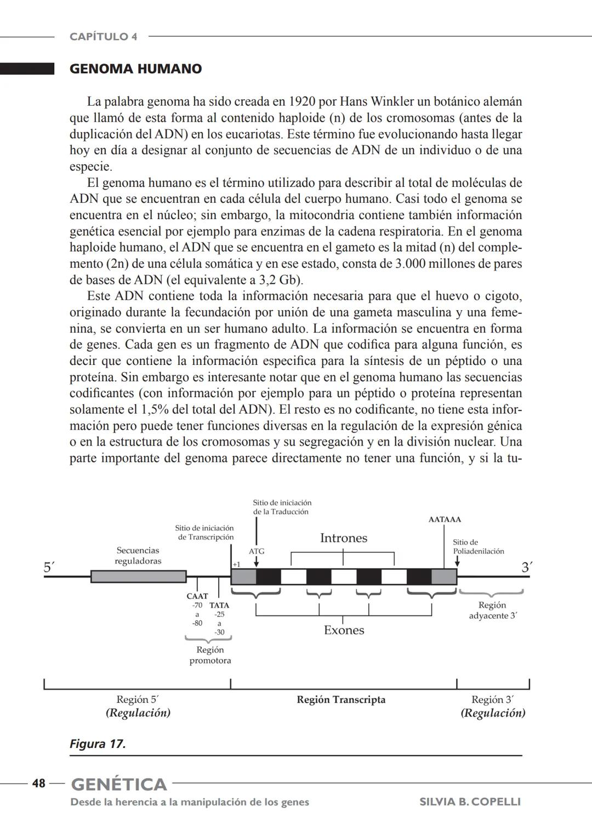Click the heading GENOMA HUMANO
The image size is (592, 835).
click(135, 69)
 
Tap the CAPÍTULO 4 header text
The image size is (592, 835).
click(103, 37)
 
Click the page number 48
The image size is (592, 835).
click(38, 783)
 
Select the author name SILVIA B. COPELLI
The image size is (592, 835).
click(470, 802)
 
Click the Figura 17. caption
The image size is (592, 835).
click(98, 744)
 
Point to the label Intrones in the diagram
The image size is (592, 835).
click(343, 538)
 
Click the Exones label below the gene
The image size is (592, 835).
click(344, 630)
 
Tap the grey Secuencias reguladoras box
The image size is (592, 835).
click(138, 576)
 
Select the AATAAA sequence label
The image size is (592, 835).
click(444, 519)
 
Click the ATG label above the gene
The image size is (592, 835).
click(257, 551)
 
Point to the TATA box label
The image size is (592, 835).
click(219, 605)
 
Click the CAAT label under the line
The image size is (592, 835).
click(197, 596)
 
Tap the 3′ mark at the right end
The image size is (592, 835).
click(526, 568)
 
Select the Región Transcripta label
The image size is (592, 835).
click(341, 700)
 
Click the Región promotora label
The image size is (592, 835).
click(210, 655)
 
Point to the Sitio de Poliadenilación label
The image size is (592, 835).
click(478, 547)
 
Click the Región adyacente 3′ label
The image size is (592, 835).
click(492, 610)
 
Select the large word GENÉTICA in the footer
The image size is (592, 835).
click(119, 784)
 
